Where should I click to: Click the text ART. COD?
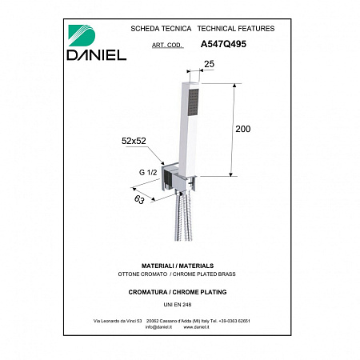[166, 46]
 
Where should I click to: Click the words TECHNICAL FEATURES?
[235, 28]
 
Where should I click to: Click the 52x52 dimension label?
[134, 142]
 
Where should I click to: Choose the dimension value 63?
[141, 198]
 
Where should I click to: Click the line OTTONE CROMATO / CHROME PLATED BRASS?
[179, 274]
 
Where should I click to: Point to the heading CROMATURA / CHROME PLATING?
[179, 292]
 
